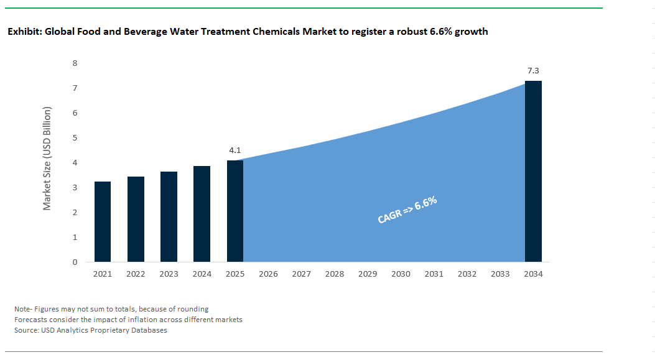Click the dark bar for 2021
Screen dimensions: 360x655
pyautogui.click(x=103, y=221)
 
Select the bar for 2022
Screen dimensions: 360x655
pyautogui.click(x=136, y=219)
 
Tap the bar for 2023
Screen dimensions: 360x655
pyautogui.click(x=169, y=216)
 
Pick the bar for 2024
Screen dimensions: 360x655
pyautogui.click(x=202, y=214)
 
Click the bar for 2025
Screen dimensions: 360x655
pyautogui.click(x=235, y=211)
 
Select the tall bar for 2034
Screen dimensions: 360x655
pyautogui.click(x=533, y=171)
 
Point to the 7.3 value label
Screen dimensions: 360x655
pyautogui.click(x=533, y=72)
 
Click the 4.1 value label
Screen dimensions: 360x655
pyautogui.click(x=235, y=150)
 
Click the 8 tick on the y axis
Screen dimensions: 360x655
pyautogui.click(x=75, y=63)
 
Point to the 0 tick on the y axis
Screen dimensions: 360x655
pyautogui.click(x=75, y=262)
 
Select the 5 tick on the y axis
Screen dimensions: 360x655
pyautogui.click(x=75, y=138)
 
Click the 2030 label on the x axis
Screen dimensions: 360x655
pyautogui.click(x=401, y=274)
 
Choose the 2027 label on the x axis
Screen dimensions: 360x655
pyautogui.click(x=301, y=274)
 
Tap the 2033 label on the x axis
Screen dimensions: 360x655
pyautogui.click(x=500, y=274)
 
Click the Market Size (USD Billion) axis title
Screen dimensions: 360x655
pyautogui.click(x=47, y=158)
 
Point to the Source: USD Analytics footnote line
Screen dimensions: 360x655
pyautogui.click(x=90, y=330)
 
